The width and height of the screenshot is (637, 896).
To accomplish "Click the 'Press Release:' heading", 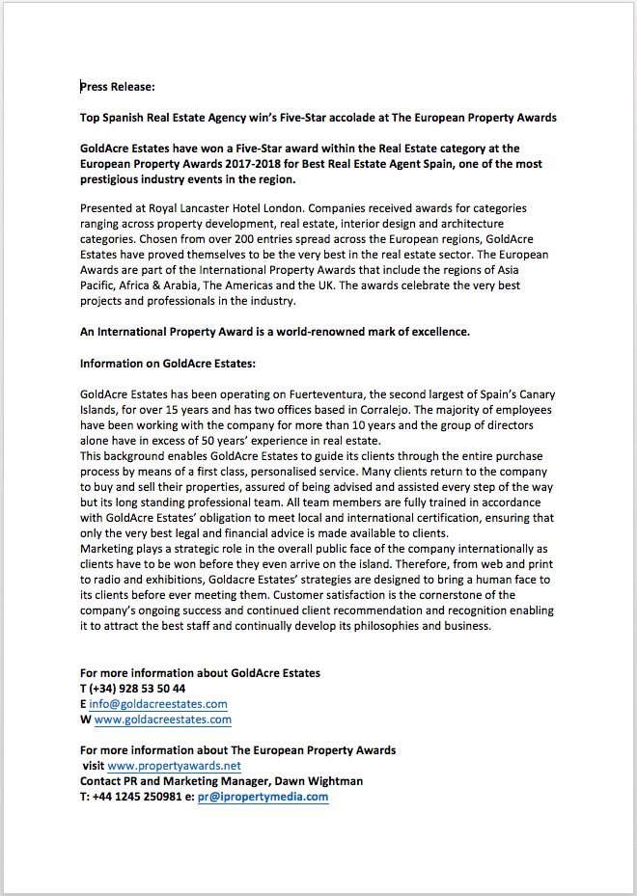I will [117, 87].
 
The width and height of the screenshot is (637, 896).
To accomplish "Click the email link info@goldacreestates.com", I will [158, 704].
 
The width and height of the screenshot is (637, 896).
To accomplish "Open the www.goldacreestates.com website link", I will [163, 720].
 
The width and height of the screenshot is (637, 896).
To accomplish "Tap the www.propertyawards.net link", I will [175, 766].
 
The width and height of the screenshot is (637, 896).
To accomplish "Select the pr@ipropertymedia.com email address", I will [263, 797].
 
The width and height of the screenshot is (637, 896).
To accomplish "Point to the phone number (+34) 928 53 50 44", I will [137, 689].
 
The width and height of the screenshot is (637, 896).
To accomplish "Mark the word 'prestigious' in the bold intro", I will [113, 179].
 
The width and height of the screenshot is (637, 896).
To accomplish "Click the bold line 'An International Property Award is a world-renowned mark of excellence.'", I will [275, 332].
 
